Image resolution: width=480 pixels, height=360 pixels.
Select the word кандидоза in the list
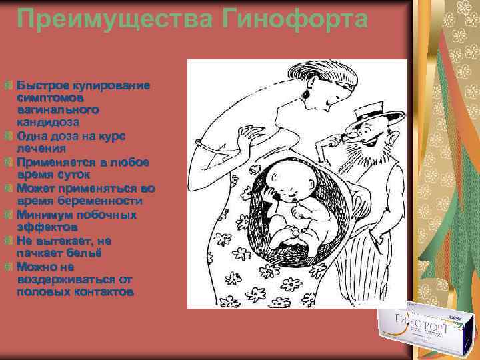click(48, 123)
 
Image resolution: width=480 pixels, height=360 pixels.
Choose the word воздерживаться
click(65, 279)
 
